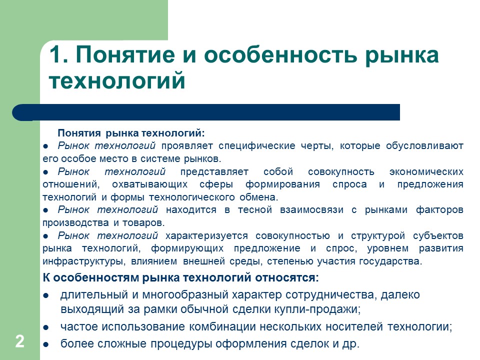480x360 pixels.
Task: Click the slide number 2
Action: point(19,342)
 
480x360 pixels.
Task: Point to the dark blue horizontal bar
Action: point(210,112)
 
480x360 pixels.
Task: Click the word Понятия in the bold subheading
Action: point(79,133)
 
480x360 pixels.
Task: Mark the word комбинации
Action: point(220,327)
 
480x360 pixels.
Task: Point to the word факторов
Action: point(439,209)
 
